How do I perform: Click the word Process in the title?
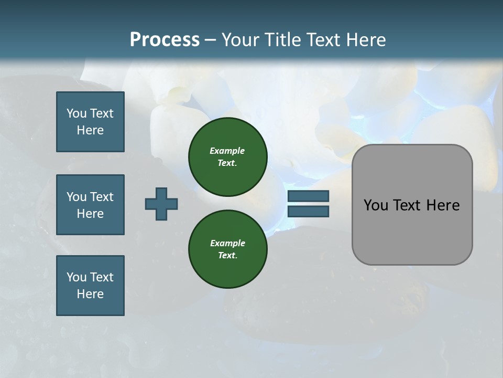coord(165,40)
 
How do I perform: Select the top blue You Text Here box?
coord(90,122)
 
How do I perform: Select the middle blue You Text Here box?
coord(90,205)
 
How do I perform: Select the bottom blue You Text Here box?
coord(90,286)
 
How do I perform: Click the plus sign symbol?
coord(161,204)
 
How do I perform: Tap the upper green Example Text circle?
coord(227,156)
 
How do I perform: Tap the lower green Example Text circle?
coord(227,249)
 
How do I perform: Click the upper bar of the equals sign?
coord(308,196)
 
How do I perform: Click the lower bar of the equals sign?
coord(308,212)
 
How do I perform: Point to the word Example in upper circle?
coord(227,151)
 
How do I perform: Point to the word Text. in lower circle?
coord(227,256)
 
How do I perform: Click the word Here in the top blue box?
coord(90,130)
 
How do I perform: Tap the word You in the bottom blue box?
coord(76,277)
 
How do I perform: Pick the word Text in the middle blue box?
coord(102,197)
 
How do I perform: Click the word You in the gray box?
coord(376,205)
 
